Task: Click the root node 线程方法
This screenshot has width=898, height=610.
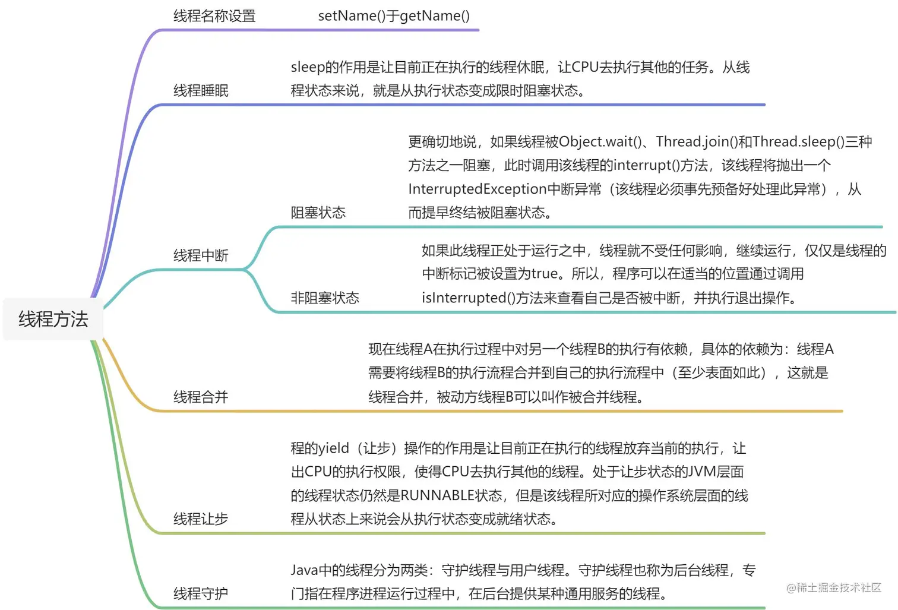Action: coord(53,319)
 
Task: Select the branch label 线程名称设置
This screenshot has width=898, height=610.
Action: coord(214,16)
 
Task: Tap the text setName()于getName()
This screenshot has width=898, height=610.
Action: coord(394,16)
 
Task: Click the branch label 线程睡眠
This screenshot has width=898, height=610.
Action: coord(201,90)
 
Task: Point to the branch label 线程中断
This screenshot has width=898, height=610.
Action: coord(201,255)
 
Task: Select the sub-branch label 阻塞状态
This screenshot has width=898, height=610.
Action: coord(318,213)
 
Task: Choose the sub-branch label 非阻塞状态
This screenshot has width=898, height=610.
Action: coord(325,298)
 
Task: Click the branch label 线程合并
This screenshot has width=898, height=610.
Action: coord(201,397)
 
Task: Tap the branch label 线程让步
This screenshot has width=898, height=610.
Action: coord(201,519)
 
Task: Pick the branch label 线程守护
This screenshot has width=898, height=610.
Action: coord(201,593)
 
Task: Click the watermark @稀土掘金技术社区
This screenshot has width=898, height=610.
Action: coord(834,587)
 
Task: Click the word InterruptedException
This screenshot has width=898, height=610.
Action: coord(477,189)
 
